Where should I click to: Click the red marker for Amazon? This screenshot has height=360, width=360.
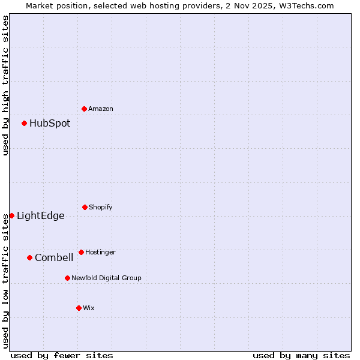tap(84, 109)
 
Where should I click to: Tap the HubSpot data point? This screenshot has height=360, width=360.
tap(25, 123)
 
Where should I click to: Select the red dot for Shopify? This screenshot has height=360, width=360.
tap(85, 207)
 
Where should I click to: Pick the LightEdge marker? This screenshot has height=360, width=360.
tap(11, 215)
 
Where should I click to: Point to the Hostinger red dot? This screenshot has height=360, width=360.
tap(81, 252)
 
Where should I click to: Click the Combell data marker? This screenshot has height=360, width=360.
tap(29, 257)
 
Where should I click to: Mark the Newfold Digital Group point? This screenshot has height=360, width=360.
tap(67, 278)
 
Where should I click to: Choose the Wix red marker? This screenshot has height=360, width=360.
tap(79, 308)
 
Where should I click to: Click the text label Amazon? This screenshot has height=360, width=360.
tap(101, 109)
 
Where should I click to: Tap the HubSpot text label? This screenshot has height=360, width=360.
tap(50, 123)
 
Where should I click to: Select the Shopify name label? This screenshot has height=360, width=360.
tap(101, 207)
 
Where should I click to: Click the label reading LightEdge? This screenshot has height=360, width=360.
tap(41, 216)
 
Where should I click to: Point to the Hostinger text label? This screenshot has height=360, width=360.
tap(100, 252)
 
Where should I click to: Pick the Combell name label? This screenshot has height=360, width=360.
tap(54, 258)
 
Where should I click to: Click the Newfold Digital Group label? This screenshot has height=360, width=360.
tap(106, 278)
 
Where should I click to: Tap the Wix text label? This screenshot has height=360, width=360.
tap(89, 308)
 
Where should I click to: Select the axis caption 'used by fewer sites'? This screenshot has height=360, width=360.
tap(62, 355)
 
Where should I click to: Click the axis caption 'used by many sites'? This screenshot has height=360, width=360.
tap(301, 355)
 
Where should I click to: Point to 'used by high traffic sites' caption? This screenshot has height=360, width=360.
tap(5, 85)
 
